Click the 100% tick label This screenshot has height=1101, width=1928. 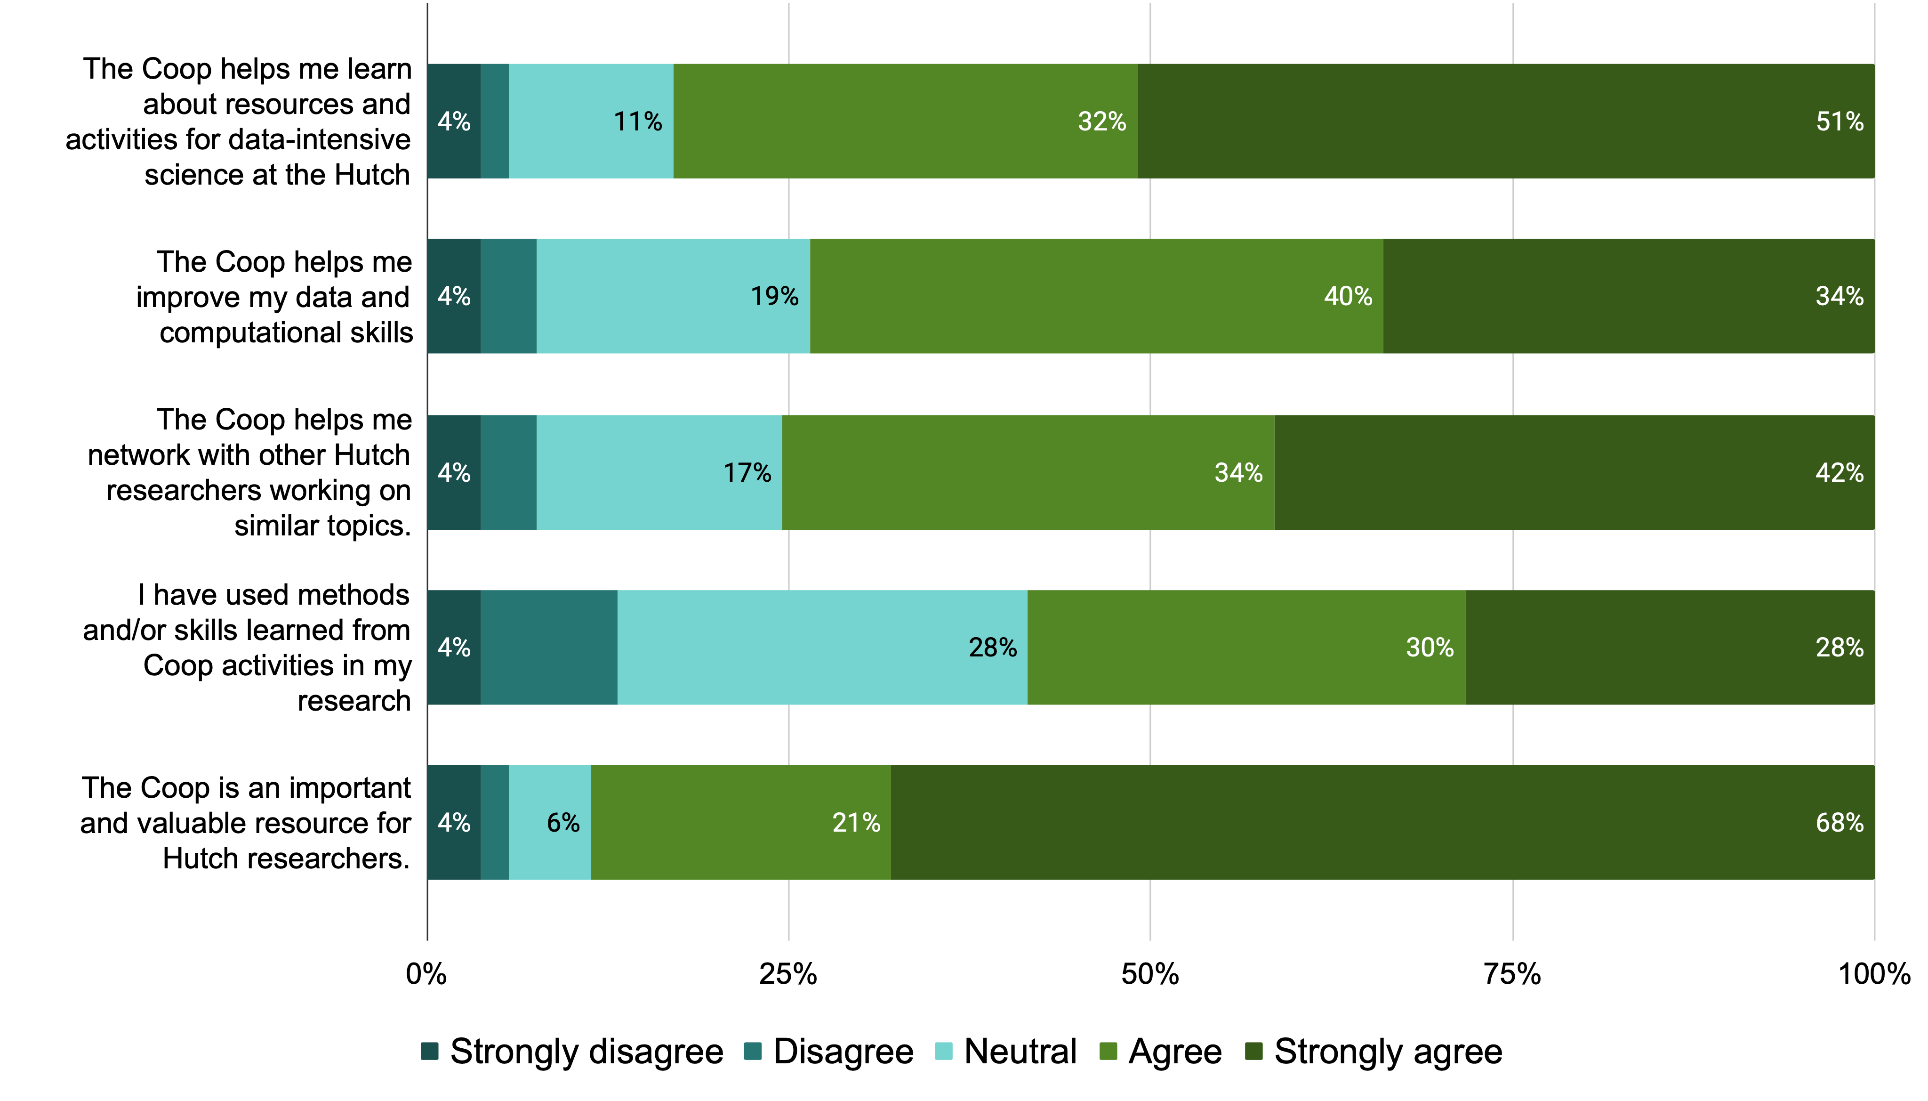(1873, 974)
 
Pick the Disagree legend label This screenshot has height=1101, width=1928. (843, 1052)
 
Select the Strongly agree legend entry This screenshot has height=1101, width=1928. (1387, 1052)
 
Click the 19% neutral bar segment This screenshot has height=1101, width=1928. (673, 296)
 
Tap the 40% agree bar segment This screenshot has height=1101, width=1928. (1096, 296)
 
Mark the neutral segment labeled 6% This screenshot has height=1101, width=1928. (550, 823)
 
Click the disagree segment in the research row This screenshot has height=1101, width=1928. (549, 648)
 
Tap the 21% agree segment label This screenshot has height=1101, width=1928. (856, 823)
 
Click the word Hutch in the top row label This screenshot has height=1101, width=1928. (372, 175)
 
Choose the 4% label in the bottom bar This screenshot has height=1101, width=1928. (453, 823)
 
